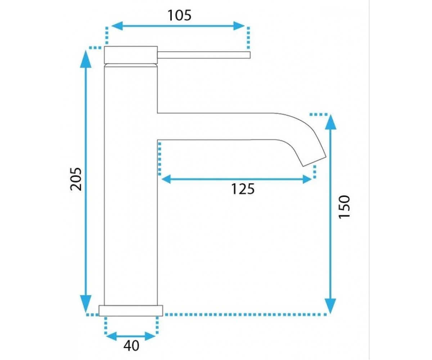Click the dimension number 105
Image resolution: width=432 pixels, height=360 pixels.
179,15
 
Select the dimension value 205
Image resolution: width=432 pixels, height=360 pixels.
76,179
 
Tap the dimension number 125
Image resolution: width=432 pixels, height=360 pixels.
243,189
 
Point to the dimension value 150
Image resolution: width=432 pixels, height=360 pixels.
344,207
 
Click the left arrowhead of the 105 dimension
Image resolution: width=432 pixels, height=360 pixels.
117,26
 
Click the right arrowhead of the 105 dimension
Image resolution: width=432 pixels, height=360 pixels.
239,26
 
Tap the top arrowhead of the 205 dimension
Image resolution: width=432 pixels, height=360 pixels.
86,59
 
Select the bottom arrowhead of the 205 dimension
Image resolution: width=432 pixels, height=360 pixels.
86,304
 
